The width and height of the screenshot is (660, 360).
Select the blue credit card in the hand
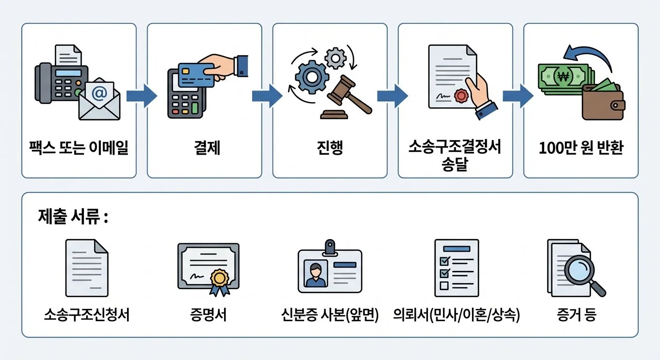[x=196, y=76]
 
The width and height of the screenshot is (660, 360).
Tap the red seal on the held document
[x=462, y=96]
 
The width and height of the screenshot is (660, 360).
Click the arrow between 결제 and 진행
[x=267, y=96]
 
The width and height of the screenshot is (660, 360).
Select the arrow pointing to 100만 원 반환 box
[x=517, y=96]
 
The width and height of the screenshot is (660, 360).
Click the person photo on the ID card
[x=315, y=274]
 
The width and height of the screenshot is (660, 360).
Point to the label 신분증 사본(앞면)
[x=330, y=315]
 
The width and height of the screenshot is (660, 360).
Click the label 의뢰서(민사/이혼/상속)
[x=457, y=315]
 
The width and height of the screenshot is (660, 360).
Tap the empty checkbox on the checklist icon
[x=443, y=285]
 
